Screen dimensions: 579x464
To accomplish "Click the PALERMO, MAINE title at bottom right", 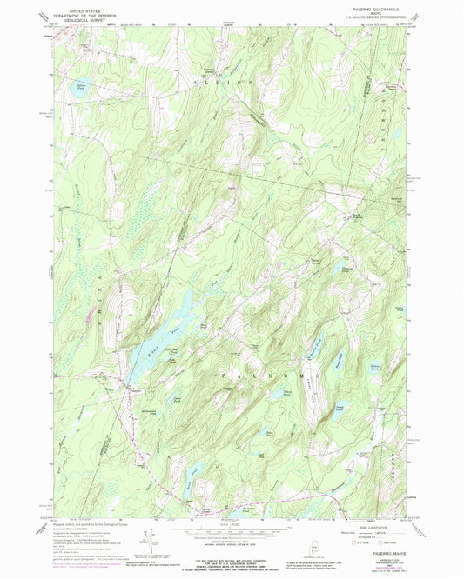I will click(373, 550).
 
